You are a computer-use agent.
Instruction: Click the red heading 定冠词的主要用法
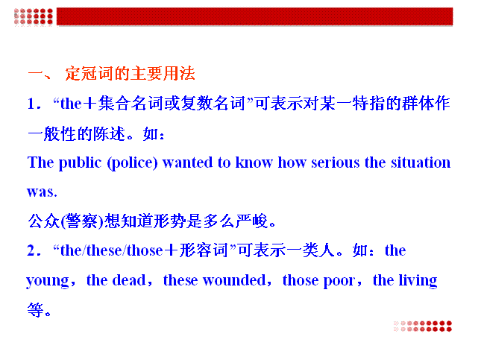[x=130, y=74]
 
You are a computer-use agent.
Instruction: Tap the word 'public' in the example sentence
[x=80, y=163]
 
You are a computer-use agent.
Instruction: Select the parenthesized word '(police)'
[x=132, y=163]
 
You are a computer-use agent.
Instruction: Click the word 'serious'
[x=335, y=162]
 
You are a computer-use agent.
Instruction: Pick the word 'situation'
[x=421, y=162]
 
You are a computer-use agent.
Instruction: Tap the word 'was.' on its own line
[x=42, y=192]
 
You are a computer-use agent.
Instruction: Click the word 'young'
[x=48, y=281]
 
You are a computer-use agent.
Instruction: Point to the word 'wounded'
[x=234, y=280]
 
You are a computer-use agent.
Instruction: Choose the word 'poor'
[x=339, y=281]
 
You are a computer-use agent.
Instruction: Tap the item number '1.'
[x=34, y=104]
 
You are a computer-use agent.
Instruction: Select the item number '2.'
[x=34, y=250]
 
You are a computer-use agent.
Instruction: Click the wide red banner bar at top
[x=254, y=16]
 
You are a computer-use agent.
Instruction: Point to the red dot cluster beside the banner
[x=34, y=16]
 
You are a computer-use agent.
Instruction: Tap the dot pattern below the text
[x=423, y=326]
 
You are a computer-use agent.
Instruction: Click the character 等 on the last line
[x=35, y=310]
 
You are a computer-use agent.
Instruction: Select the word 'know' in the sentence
[x=254, y=162]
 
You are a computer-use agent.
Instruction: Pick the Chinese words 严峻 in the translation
[x=251, y=221]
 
